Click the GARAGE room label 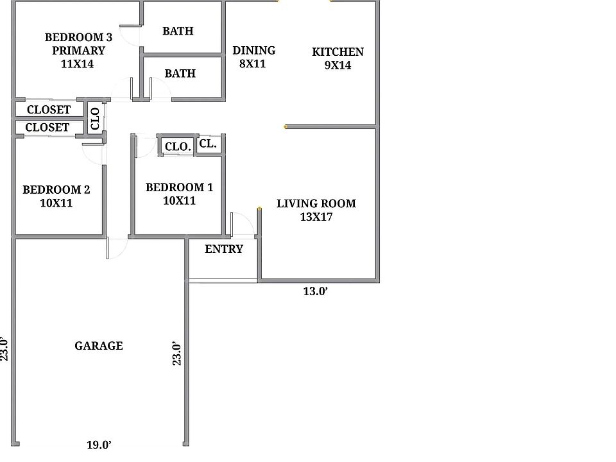[x=99, y=346]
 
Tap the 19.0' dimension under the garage [x=99, y=445]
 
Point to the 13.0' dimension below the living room [x=316, y=291]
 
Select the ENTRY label [x=224, y=249]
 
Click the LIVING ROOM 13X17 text [x=316, y=210]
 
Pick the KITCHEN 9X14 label [x=338, y=58]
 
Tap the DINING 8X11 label [x=254, y=57]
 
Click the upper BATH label [x=178, y=31]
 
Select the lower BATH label [x=180, y=73]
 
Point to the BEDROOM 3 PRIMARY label [x=78, y=50]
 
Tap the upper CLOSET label [x=49, y=109]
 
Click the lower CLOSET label [x=47, y=127]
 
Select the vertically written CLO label [x=95, y=119]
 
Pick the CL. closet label [x=208, y=144]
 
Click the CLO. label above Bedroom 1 [x=178, y=146]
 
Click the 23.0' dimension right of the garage [x=177, y=354]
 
